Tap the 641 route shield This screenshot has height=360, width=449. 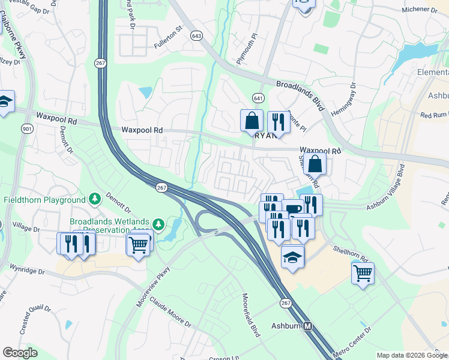pos(258,98)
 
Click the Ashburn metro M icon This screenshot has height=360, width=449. pos(308,326)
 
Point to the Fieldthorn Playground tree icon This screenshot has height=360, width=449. pos(94,199)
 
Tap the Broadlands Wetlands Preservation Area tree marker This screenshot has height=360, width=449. pos(158,225)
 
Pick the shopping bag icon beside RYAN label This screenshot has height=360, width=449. pos(252,120)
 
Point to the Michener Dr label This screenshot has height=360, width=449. pos(419,10)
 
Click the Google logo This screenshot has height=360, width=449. pos(20,352)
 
